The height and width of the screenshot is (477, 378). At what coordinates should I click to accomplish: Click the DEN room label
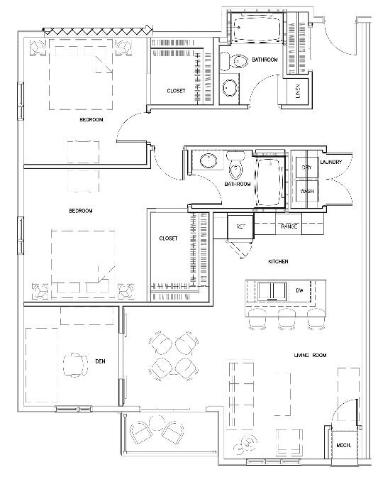pyautogui.click(x=100, y=361)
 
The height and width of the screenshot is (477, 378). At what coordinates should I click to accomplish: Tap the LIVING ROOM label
pyautogui.click(x=310, y=355)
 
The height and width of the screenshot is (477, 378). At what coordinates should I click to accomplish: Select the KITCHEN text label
pyautogui.click(x=278, y=262)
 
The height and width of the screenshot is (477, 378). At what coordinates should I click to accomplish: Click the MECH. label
pyautogui.click(x=345, y=446)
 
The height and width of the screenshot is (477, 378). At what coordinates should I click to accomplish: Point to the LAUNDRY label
pyautogui.click(x=331, y=163)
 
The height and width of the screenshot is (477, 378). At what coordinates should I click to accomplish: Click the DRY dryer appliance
pyautogui.click(x=306, y=168)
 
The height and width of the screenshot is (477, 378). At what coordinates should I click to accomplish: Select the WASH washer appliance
pyautogui.click(x=306, y=192)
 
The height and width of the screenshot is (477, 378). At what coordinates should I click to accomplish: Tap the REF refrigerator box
pyautogui.click(x=240, y=227)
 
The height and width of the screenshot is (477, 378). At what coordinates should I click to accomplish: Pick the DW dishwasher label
pyautogui.click(x=299, y=291)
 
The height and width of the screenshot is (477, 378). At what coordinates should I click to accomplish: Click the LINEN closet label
pyautogui.click(x=297, y=92)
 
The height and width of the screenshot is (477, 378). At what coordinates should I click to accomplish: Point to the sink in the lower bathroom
pyautogui.click(x=209, y=160)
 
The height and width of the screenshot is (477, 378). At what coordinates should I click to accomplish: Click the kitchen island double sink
pyautogui.click(x=270, y=291)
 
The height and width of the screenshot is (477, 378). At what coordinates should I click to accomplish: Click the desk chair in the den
pyautogui.click(x=74, y=364)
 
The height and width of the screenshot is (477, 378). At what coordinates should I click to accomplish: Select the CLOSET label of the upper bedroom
pyautogui.click(x=176, y=91)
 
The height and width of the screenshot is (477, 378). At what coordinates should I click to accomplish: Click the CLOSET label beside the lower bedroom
pyautogui.click(x=168, y=238)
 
